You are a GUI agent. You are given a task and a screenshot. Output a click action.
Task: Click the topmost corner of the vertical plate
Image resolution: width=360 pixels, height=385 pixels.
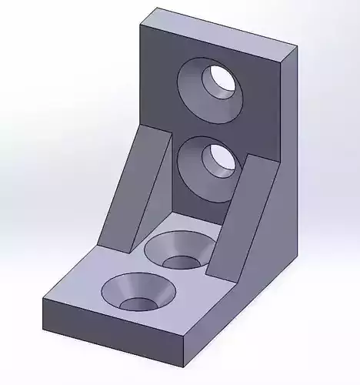tap(157, 8)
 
